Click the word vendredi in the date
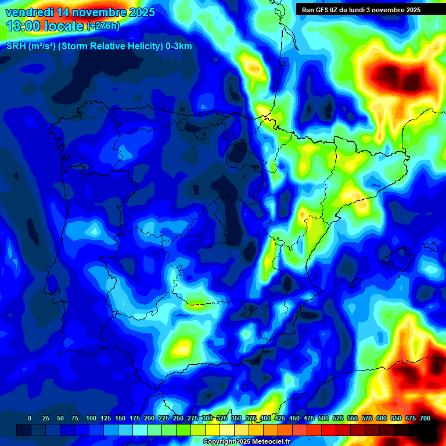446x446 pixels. click(x=28, y=12)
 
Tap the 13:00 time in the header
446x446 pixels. click(x=22, y=26)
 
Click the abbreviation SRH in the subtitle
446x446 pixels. click(x=16, y=47)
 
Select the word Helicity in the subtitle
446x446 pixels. click(x=140, y=47)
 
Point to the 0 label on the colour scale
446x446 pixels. click(x=30, y=418)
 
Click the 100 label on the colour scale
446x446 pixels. click(x=91, y=418)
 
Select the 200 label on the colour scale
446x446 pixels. click(x=149, y=418)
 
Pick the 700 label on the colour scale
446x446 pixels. click(x=425, y=418)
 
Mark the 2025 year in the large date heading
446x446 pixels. click(x=142, y=12)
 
